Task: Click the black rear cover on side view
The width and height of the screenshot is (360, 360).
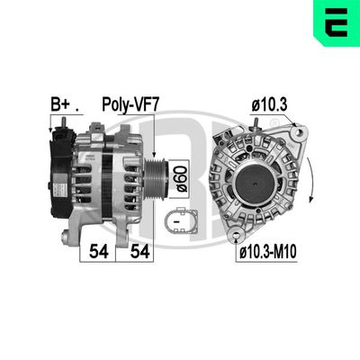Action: (58, 171)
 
